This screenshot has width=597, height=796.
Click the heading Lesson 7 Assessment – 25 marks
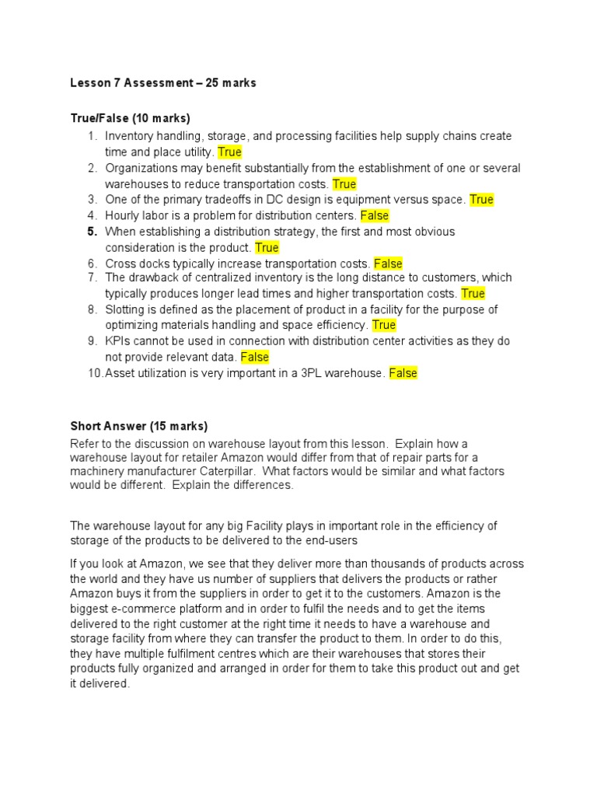163,83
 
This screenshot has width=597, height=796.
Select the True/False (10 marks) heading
131,118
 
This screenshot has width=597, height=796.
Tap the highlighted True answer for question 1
229,152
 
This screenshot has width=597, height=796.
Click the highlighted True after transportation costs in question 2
344,184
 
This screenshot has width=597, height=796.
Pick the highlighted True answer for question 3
481,200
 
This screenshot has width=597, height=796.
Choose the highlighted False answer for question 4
375,215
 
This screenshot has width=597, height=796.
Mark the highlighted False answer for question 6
388,264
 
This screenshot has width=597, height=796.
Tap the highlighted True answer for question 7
473,293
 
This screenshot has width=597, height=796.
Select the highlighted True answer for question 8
384,325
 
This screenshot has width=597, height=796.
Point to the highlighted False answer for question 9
254,357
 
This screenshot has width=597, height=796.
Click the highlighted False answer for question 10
403,373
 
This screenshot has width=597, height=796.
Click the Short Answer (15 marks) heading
139,426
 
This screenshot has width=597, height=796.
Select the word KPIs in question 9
118,341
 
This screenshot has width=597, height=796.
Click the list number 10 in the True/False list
94,373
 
